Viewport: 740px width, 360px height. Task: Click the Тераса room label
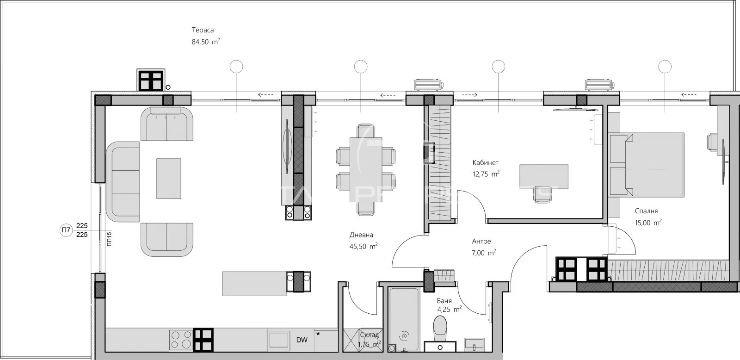coord(203,30)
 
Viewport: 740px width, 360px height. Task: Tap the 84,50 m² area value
coord(205,42)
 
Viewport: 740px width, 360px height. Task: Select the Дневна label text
coord(361,235)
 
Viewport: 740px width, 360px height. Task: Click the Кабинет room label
coord(485,163)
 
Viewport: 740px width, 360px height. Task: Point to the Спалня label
coord(646,211)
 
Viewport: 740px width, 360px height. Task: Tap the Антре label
coord(481,241)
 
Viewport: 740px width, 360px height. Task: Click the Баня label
coord(444,301)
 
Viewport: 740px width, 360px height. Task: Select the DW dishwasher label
coord(302,340)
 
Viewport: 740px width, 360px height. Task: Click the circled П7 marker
coord(66,230)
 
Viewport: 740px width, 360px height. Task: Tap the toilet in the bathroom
coord(440,326)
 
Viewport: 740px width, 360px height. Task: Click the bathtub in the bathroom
coord(404,319)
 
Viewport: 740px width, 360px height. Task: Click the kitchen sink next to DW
coord(279,340)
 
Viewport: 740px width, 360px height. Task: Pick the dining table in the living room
coord(366,169)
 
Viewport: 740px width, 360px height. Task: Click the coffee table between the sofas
coord(168,178)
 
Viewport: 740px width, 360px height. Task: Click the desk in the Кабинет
coord(544,176)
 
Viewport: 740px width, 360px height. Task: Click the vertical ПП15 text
coord(109,240)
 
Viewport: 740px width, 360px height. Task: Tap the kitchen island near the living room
coord(254,283)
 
